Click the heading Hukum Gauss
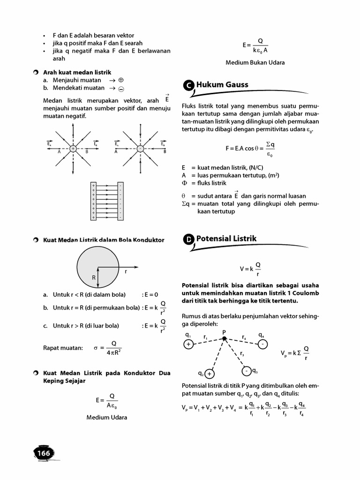222,85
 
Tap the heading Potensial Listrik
226,239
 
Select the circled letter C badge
188,85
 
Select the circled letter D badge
188,240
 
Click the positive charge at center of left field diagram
73,148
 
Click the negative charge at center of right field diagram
140,148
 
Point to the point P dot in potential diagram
224,338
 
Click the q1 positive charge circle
188,345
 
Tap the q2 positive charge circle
209,374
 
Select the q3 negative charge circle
246,371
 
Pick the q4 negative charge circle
263,345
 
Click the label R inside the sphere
94,277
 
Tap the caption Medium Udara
106,417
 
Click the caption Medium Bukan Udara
255,62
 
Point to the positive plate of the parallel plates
93,202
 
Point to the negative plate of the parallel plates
121,202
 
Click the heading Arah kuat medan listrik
77,72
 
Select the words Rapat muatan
63,348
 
